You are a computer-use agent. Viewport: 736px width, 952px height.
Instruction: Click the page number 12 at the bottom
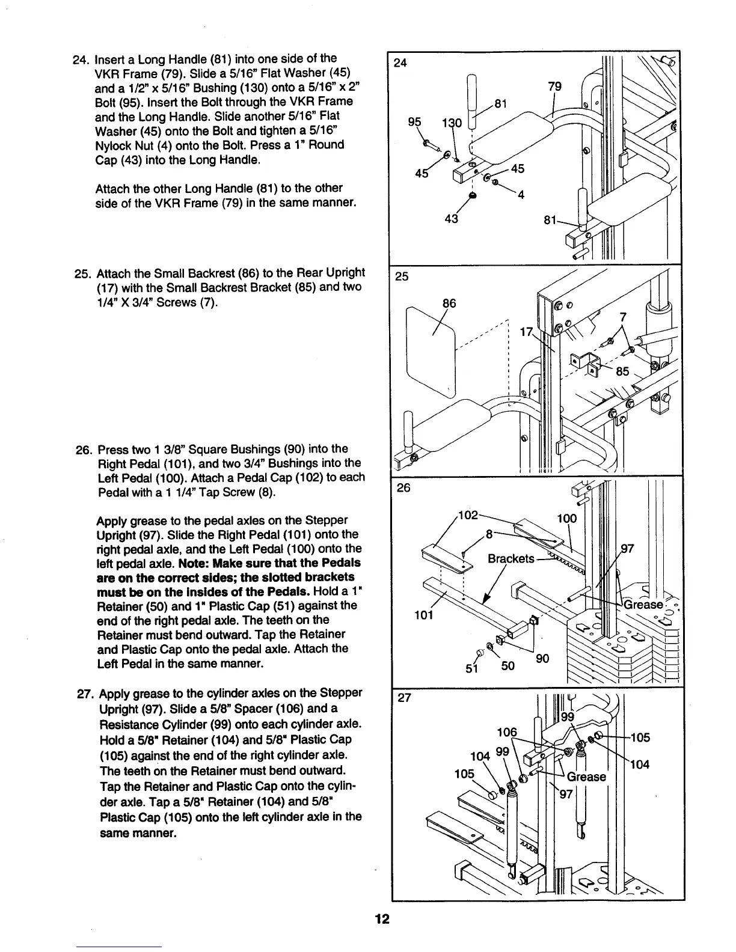point(381,919)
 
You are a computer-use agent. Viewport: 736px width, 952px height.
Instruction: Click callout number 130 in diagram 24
point(451,123)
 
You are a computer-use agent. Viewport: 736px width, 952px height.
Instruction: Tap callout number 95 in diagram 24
point(414,121)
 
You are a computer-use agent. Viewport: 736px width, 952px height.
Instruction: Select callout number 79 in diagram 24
point(555,88)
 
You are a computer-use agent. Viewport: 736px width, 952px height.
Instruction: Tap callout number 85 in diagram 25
point(622,371)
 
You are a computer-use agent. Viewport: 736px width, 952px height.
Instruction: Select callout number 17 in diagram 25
point(527,332)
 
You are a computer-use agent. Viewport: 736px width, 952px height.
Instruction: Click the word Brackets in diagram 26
point(511,559)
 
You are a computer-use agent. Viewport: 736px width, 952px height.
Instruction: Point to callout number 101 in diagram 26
point(424,615)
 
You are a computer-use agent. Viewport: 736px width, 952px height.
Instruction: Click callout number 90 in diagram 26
point(542,659)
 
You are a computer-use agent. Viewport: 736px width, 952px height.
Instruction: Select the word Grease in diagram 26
point(643,605)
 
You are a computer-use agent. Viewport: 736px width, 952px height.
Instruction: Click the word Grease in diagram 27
point(587,777)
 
